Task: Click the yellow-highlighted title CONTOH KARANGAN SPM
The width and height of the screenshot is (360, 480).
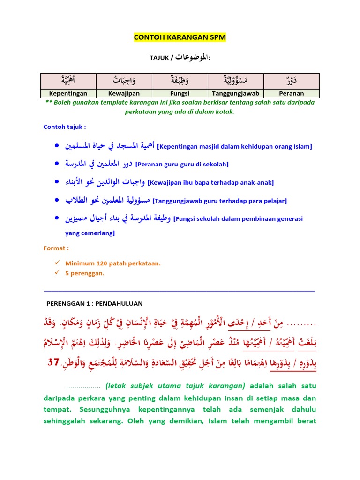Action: (x=180, y=37)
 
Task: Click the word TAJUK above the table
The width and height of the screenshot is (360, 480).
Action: (x=158, y=58)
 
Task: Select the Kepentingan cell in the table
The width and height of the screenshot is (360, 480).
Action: (x=68, y=93)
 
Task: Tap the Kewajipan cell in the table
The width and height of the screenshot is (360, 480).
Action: (x=124, y=93)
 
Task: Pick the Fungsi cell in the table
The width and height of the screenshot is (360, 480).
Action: (x=180, y=93)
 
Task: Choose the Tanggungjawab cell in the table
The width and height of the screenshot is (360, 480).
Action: (x=236, y=93)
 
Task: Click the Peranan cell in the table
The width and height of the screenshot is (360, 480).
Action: (x=292, y=93)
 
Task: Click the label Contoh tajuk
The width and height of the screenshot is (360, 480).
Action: (x=65, y=127)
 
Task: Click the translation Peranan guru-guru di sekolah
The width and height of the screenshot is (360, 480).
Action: (x=181, y=165)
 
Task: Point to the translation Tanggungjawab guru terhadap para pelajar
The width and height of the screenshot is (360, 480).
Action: (x=220, y=201)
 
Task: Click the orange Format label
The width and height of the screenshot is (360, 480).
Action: (x=56, y=248)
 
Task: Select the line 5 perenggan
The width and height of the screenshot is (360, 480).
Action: (x=85, y=273)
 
